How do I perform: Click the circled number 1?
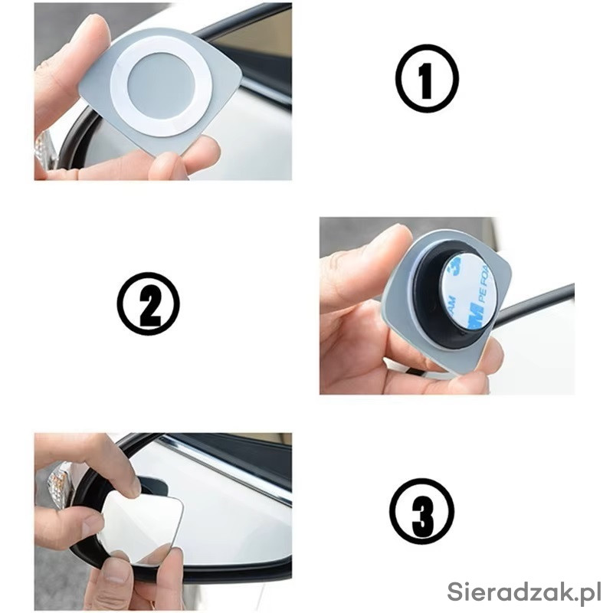click(427, 78)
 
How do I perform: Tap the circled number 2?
click(148, 303)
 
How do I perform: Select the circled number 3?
click(422, 510)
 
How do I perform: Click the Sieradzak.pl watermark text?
click(524, 592)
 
